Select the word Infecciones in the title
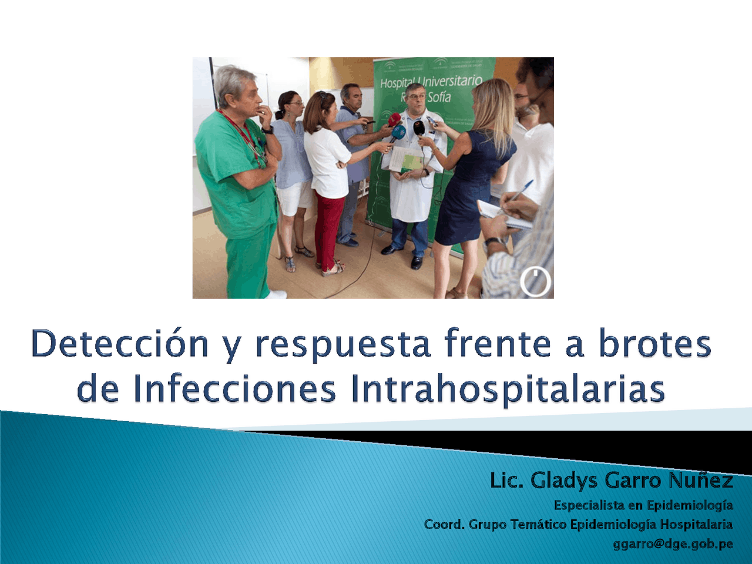[x=234, y=388]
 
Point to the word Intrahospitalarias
[x=508, y=388]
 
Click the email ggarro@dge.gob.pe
[x=673, y=543]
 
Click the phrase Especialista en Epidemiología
[x=643, y=505]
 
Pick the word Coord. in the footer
[x=444, y=524]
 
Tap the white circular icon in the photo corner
[x=535, y=281]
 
